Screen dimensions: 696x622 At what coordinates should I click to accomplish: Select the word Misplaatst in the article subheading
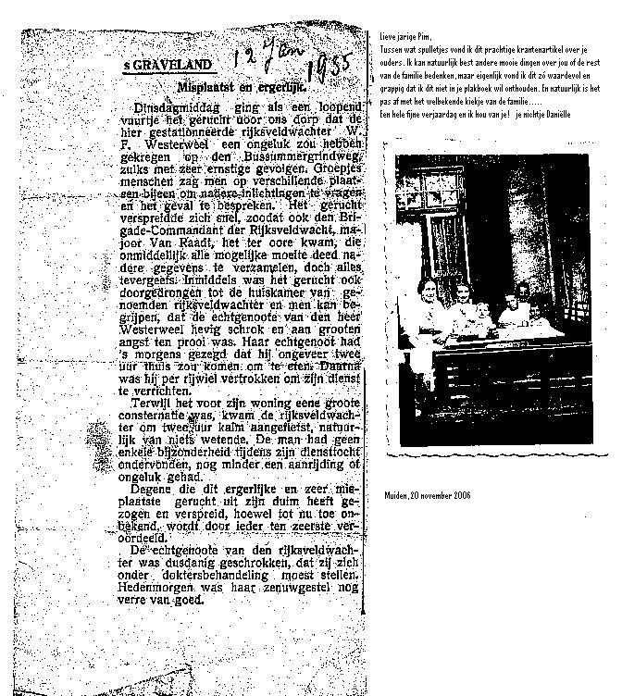(x=207, y=86)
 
